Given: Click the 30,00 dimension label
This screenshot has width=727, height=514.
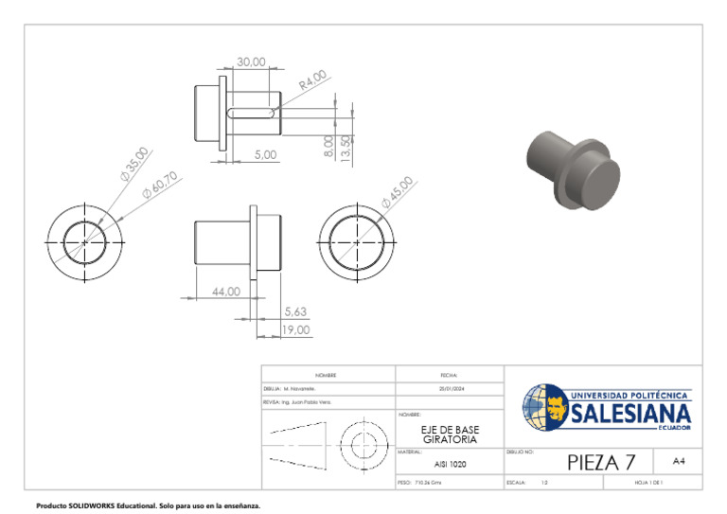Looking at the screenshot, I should coord(251,62).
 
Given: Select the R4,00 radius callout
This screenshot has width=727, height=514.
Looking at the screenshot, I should coord(312,80).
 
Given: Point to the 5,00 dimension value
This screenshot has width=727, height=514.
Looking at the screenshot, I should coord(265,154).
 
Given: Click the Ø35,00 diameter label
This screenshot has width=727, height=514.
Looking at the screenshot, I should coord(134,163).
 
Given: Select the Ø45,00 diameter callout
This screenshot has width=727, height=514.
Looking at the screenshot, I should coord(397,192).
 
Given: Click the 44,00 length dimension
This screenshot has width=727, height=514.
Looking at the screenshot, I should coord(225,292).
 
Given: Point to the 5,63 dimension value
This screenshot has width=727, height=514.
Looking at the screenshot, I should coord(295,310).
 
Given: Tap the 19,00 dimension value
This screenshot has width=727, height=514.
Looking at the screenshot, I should coord(295,329).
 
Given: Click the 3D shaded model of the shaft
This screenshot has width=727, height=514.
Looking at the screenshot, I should coord(573,170).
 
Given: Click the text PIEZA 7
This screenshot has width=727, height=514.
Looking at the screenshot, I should coord(601,462).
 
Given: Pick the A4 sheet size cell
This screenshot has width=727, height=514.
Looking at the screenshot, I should coord(679,461).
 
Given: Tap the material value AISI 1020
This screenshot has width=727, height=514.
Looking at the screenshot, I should coord(450,465).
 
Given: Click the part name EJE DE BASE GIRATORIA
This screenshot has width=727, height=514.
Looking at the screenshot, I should coord(450,434).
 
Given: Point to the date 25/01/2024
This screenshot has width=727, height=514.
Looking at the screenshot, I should coord(450,389).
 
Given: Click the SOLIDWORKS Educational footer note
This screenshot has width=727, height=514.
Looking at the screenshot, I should coord(147,505).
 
